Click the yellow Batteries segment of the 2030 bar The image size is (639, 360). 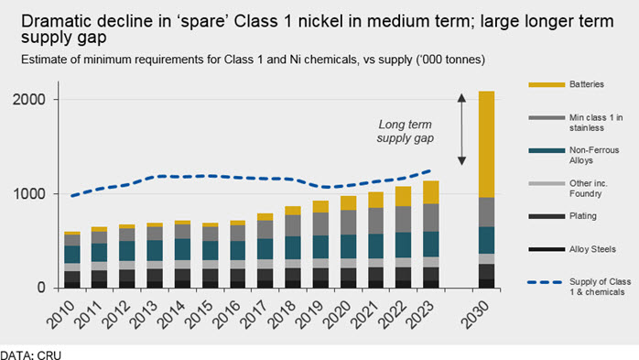(486, 145)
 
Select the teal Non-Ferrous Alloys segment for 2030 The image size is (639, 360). (486, 240)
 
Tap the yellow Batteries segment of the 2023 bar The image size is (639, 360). (431, 192)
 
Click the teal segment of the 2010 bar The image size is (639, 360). (72, 255)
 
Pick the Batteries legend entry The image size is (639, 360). (567, 84)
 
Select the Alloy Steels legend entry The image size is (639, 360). (572, 249)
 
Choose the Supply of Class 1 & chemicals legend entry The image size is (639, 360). (579, 287)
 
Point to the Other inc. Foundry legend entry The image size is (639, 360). (569, 189)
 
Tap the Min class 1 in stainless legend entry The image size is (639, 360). (576, 123)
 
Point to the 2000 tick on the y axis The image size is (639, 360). (29, 100)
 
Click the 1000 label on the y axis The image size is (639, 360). (29, 193)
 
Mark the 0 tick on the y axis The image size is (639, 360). (41, 288)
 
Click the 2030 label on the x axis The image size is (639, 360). (475, 315)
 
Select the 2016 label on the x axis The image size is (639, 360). (227, 315)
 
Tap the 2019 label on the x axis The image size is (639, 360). (309, 315)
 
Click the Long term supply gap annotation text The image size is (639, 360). (405, 131)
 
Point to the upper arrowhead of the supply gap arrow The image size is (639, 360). (461, 97)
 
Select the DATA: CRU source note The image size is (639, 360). (30, 355)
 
